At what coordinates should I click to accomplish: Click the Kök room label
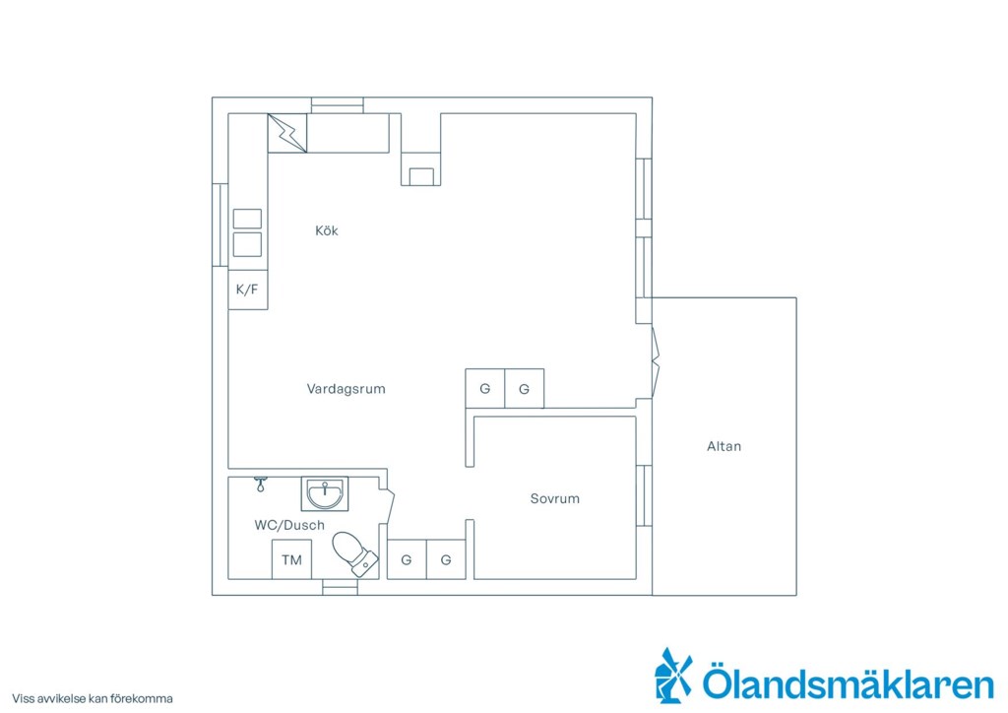(x=327, y=230)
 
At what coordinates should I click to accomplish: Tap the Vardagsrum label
(x=346, y=389)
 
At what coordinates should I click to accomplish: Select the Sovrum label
(x=555, y=498)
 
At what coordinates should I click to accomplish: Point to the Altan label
(x=724, y=446)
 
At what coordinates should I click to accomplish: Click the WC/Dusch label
(x=289, y=525)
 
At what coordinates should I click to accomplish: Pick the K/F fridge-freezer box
(x=247, y=290)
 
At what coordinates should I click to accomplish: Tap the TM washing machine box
(x=291, y=559)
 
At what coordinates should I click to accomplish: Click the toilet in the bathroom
(x=354, y=552)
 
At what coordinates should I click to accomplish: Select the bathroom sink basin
(x=325, y=493)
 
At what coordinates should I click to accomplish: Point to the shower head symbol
(x=260, y=485)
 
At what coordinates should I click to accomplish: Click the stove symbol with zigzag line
(x=287, y=133)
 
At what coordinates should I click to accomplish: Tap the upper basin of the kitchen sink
(x=247, y=219)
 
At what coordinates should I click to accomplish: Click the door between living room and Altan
(x=656, y=364)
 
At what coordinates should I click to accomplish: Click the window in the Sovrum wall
(x=644, y=495)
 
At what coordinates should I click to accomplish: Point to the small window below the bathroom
(x=340, y=587)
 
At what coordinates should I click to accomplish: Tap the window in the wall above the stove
(x=338, y=105)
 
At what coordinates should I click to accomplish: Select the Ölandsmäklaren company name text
(x=848, y=682)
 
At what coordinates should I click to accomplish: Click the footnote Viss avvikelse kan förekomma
(x=93, y=699)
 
